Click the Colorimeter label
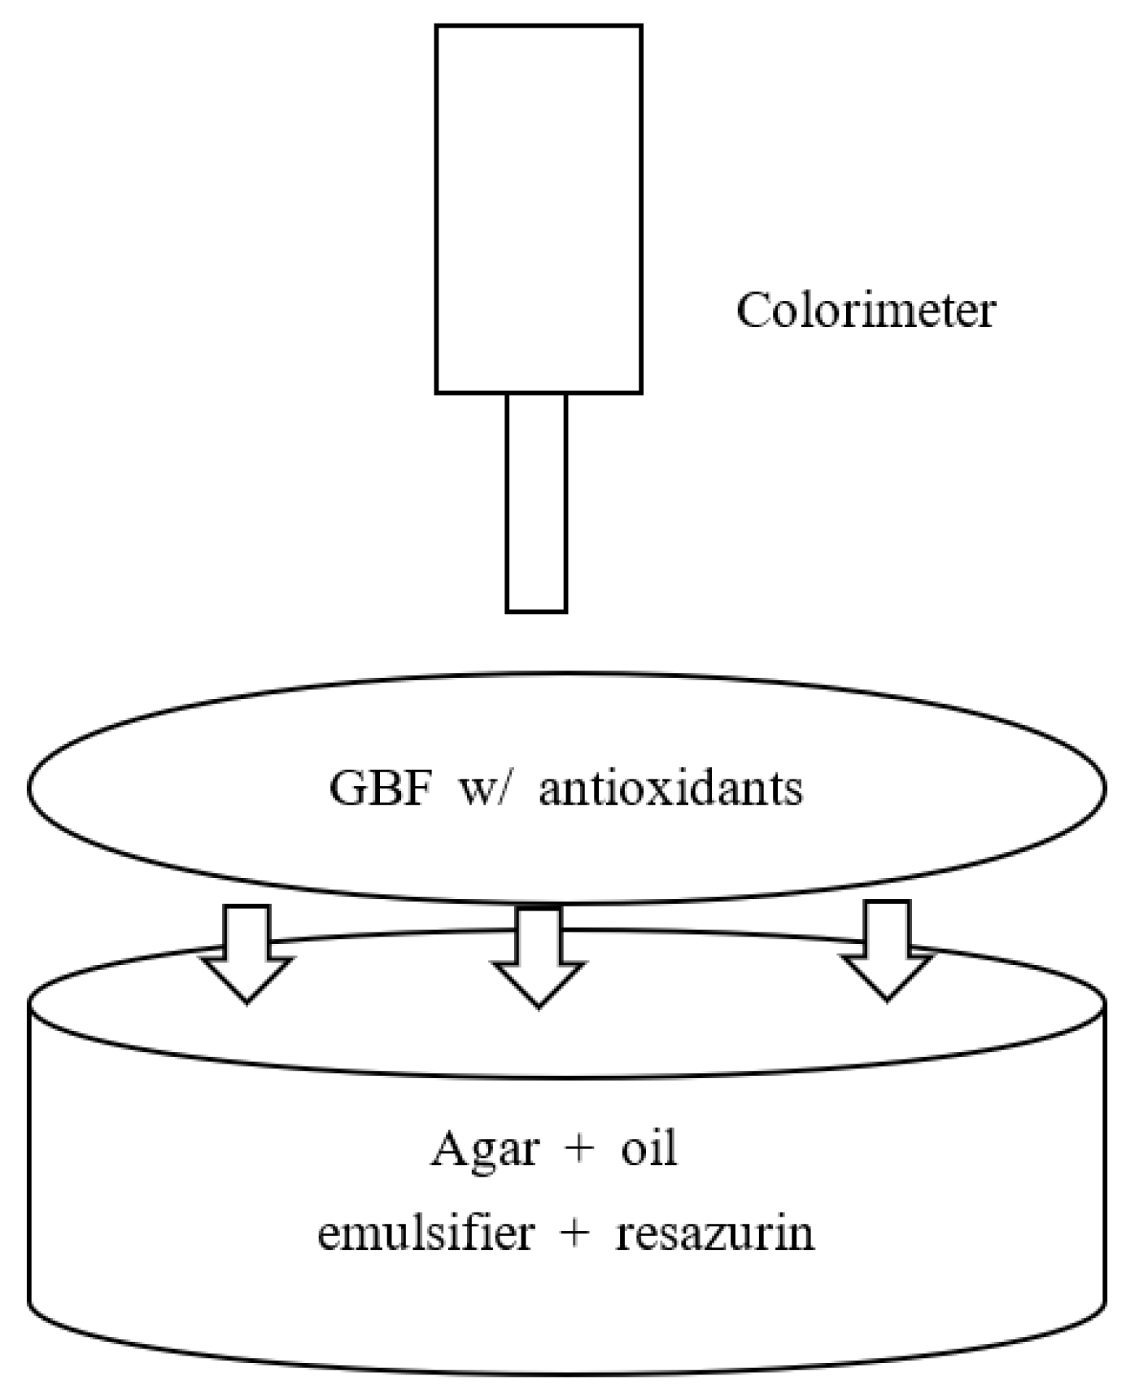coord(866,311)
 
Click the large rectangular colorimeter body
coord(539,209)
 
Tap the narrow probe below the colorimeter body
coord(536,502)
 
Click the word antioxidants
coord(670,788)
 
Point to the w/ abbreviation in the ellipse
coord(487,788)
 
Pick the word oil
coord(649,1149)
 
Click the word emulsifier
coord(425,1233)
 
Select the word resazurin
coord(714,1233)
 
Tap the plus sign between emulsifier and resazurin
coord(574,1234)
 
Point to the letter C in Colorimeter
coord(752,311)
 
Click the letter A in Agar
coord(448,1148)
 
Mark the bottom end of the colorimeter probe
coord(536,609)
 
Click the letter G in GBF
coord(347,788)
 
